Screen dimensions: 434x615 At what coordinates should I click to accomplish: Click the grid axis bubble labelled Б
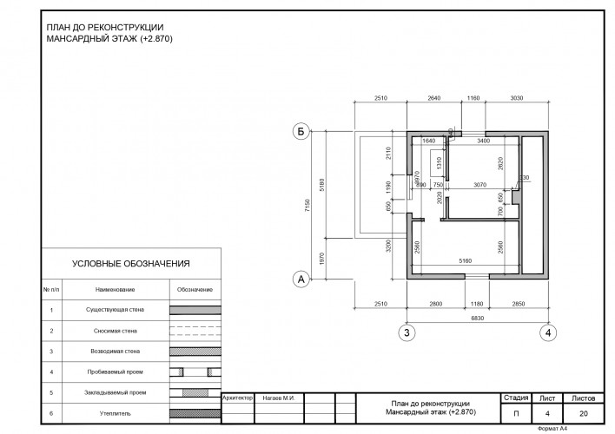tap(301, 132)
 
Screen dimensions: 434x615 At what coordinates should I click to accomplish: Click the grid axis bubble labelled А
tap(301, 279)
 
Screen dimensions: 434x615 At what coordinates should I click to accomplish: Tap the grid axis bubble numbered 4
tap(548, 332)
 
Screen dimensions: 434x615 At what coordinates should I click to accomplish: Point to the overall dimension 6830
tap(477, 320)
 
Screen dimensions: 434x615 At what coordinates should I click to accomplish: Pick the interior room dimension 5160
tap(465, 260)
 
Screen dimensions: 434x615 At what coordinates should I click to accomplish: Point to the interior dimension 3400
tap(484, 140)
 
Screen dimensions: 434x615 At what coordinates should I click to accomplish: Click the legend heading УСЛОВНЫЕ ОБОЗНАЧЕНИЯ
tap(131, 264)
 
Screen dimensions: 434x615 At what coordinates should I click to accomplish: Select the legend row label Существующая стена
tap(109, 310)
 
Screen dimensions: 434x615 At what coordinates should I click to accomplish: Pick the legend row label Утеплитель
tap(109, 414)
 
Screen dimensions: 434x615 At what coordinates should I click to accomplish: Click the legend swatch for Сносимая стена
tap(195, 331)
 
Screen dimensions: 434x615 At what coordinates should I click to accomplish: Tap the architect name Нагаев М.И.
tap(279, 398)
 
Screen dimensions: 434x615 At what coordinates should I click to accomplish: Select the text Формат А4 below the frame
tap(553, 428)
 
